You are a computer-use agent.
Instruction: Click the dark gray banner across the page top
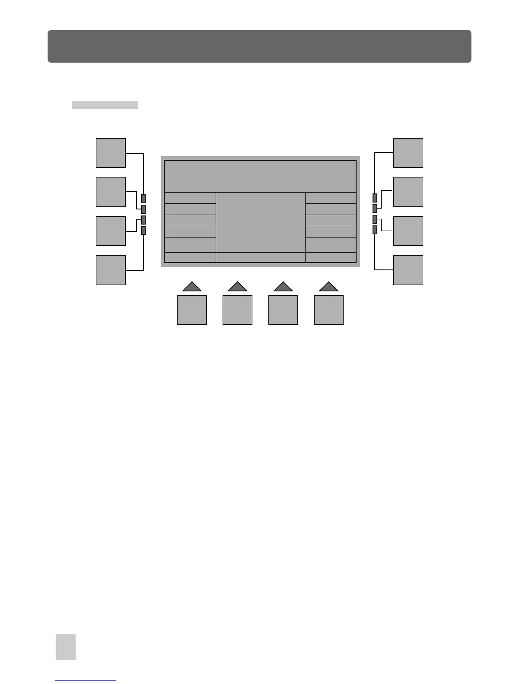[259, 46]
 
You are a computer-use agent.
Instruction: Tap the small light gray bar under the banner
[105, 105]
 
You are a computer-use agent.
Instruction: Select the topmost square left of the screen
[111, 153]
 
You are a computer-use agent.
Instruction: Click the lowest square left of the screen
[111, 270]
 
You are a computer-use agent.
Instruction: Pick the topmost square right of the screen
[408, 153]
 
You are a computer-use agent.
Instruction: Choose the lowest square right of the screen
[408, 270]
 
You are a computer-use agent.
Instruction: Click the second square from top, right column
[408, 192]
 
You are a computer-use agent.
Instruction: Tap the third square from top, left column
[111, 231]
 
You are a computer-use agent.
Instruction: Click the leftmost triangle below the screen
[192, 287]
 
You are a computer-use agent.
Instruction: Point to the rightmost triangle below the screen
[328, 287]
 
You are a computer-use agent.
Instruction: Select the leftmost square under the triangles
[192, 310]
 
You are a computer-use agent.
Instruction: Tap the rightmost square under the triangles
[328, 310]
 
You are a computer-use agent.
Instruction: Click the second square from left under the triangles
[237, 310]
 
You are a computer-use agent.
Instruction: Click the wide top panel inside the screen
[260, 176]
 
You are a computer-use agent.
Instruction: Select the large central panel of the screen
[260, 222]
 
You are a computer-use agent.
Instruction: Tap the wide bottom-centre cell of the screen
[260, 257]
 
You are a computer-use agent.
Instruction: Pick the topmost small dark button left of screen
[143, 199]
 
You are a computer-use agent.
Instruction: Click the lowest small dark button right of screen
[375, 230]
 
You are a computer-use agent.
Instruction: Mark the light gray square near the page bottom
[66, 647]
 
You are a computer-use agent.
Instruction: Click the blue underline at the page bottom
[86, 681]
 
